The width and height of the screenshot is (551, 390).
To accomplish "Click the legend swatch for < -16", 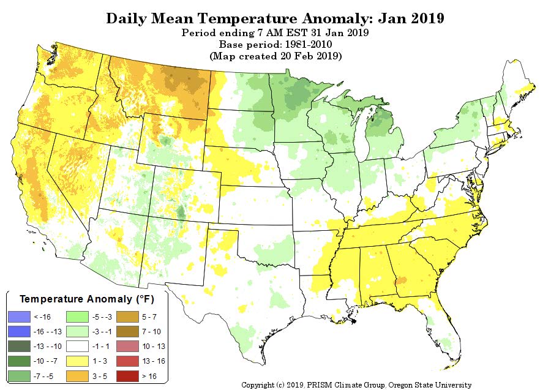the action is coord(19,317).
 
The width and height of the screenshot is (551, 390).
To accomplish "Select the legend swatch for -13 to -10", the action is coord(19,347).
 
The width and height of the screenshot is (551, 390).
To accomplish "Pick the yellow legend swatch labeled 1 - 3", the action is coord(77,361).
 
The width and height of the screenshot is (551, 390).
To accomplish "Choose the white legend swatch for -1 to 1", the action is coord(77,347).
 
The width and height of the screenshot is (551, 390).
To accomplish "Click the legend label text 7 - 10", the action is coord(151,332).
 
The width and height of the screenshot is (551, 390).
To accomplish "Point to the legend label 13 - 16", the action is coord(154,361).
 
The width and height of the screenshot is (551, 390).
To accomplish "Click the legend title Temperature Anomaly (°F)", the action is coord(87,299).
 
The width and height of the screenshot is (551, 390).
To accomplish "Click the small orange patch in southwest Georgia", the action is coord(401,280).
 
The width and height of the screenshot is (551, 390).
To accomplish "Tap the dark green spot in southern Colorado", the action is coord(181,212).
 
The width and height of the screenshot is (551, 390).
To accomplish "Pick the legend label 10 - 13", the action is coord(154,347).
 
